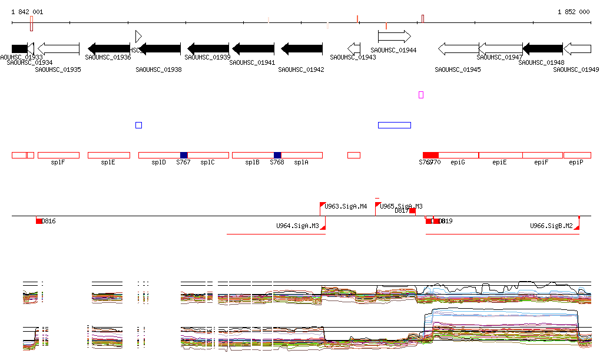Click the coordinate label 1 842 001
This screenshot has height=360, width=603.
click(27, 12)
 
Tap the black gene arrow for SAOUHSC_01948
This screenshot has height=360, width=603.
click(543, 48)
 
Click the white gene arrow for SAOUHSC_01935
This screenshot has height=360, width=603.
click(58, 48)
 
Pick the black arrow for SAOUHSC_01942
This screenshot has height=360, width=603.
click(302, 48)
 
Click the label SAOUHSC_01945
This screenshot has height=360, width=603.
click(458, 70)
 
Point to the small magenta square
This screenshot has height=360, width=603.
click(421, 94)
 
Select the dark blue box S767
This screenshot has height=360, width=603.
click(184, 155)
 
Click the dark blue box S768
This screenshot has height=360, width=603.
click(277, 155)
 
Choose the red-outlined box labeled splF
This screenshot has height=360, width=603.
click(58, 155)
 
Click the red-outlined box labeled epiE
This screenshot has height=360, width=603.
click(500, 155)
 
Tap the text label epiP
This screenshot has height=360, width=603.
click(577, 162)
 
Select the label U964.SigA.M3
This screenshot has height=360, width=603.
click(297, 226)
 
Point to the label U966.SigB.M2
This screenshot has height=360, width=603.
click(551, 226)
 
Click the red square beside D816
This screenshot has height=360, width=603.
click(39, 221)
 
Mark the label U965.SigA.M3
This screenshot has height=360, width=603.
click(401, 206)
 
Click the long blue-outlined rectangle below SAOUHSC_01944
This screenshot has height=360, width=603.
click(394, 125)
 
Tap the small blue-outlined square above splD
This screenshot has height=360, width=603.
click(138, 125)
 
